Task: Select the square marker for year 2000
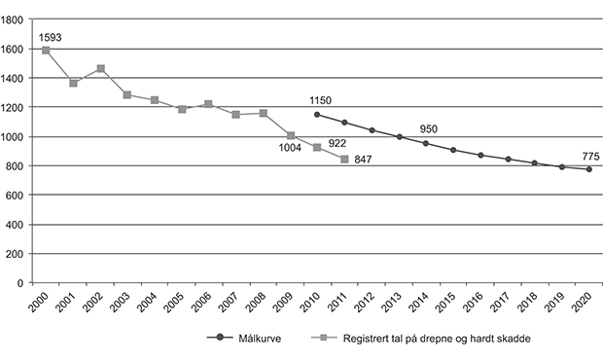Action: [47, 50]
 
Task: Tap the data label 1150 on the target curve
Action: [322, 100]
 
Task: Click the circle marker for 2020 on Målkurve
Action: [588, 169]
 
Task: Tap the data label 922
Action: [337, 143]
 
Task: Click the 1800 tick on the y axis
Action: [20, 19]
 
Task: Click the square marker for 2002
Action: [101, 69]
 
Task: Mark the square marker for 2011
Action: [344, 159]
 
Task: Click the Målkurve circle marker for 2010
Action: [317, 115]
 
